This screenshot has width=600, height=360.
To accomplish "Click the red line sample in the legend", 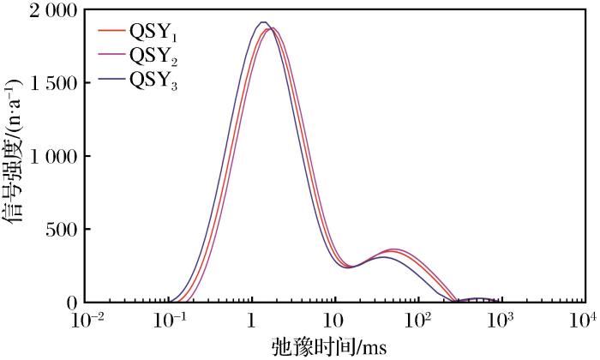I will pos(112,33).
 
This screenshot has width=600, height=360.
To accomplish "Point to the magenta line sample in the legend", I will pos(112,56).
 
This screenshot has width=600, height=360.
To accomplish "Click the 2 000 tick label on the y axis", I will pos(52,11).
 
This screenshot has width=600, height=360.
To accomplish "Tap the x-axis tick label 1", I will pos(252,323).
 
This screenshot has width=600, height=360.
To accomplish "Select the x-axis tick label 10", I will pos(335,323).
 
